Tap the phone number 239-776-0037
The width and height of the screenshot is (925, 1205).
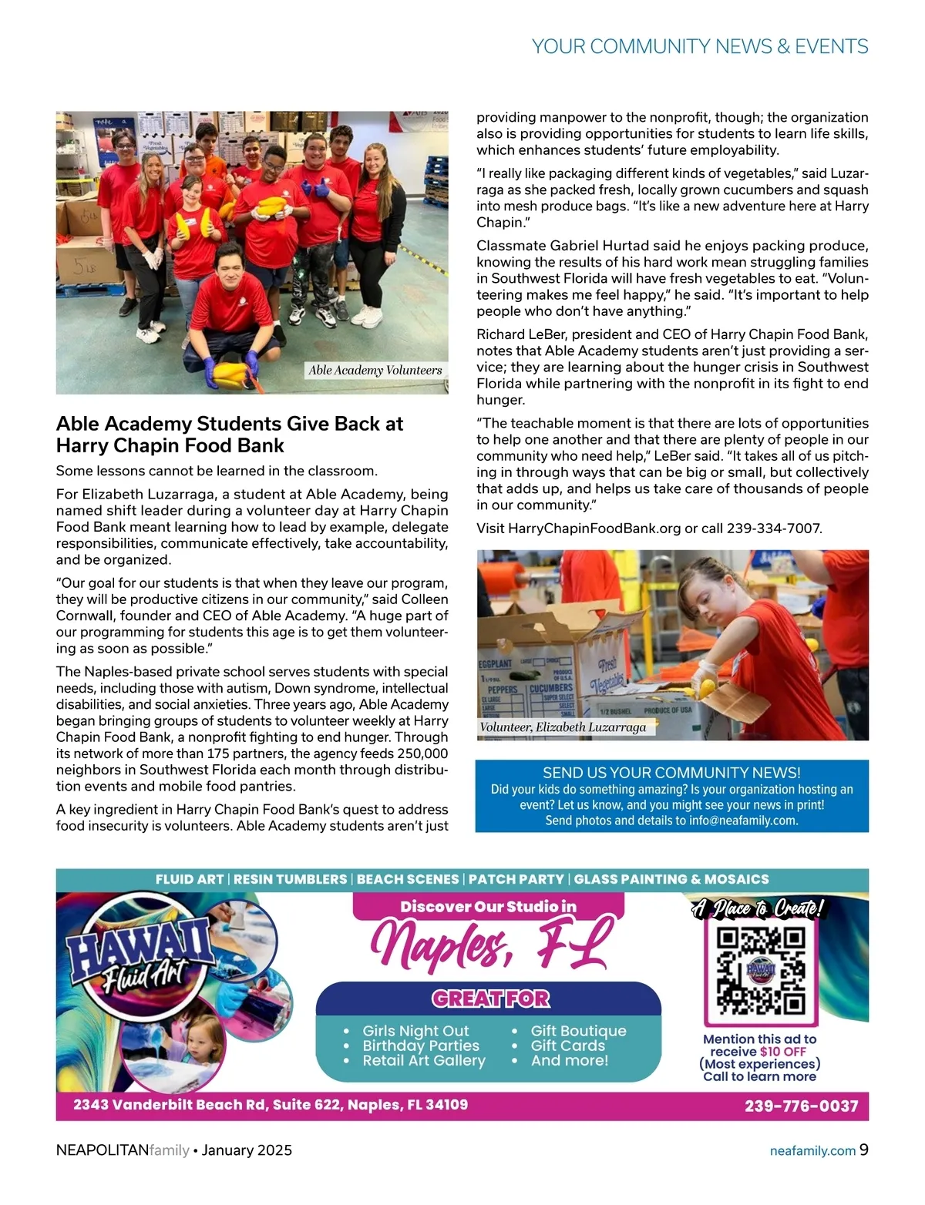pos(801,1106)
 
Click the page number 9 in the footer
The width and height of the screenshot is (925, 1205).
pos(864,1150)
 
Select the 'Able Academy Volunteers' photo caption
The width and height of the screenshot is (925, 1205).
pos(375,370)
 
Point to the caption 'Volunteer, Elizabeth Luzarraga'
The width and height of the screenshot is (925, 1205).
pos(563,727)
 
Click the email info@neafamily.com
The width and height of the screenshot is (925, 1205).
pos(743,821)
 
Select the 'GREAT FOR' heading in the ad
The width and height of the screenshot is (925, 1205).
pos(490,999)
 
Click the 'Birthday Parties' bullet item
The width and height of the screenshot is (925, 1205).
pos(421,1046)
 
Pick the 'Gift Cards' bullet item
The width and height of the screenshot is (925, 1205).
pos(568,1046)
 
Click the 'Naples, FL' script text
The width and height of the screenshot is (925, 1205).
pos(490,945)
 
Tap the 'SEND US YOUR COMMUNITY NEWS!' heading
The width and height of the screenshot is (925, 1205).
pos(671,773)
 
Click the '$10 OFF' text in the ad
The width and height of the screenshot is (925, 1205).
pos(783,1052)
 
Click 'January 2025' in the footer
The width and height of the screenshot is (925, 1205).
pos(247,1150)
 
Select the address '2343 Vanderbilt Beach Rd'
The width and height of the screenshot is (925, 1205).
pos(169,1105)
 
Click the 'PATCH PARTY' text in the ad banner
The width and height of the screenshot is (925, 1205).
pos(516,879)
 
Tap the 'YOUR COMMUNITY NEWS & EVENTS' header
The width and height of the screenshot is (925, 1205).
pos(700,46)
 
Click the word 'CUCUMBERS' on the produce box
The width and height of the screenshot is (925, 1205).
pos(550,687)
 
